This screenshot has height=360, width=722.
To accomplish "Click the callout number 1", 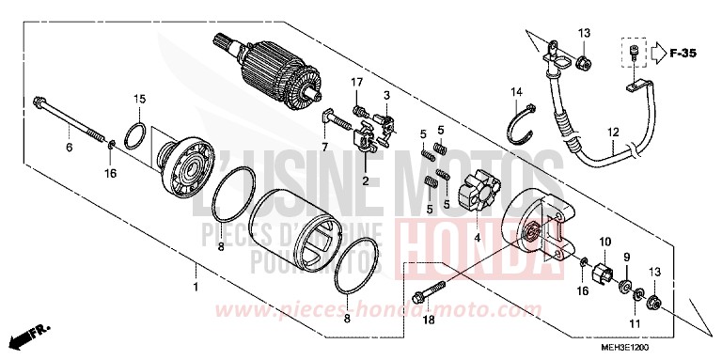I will (196, 287).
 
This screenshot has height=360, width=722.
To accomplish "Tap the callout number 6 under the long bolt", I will (69, 148).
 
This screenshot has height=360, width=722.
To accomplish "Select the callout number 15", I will (139, 99).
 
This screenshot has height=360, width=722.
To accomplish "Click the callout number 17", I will (358, 84).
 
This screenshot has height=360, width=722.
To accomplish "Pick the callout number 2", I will (364, 178).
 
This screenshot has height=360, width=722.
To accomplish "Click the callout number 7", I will (322, 148).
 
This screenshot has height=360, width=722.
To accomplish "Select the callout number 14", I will (516, 91).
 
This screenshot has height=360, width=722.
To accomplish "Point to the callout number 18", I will (428, 321).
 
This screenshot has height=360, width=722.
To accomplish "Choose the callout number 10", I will (605, 242).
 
